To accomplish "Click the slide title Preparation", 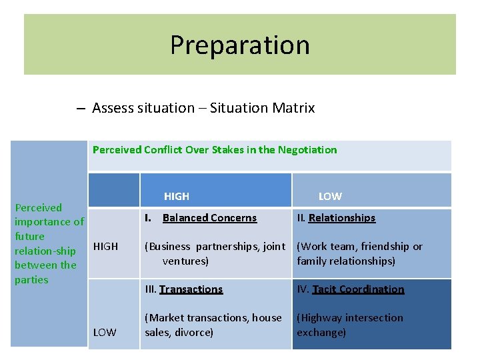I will [x=240, y=45].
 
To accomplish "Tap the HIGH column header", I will [x=177, y=196].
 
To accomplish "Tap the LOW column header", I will [x=330, y=196].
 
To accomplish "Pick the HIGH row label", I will [x=105, y=247].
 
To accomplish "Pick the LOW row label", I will [x=105, y=332].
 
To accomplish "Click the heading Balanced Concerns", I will [x=209, y=218].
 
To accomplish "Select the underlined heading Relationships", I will [x=342, y=218].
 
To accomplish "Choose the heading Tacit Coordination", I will [x=358, y=289].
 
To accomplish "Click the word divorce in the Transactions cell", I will [x=194, y=332].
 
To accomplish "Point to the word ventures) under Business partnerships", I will [x=185, y=261].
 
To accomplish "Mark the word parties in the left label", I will [x=31, y=279].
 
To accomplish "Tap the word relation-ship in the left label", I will [x=45, y=251].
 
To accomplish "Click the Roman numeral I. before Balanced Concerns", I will [x=149, y=218].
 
